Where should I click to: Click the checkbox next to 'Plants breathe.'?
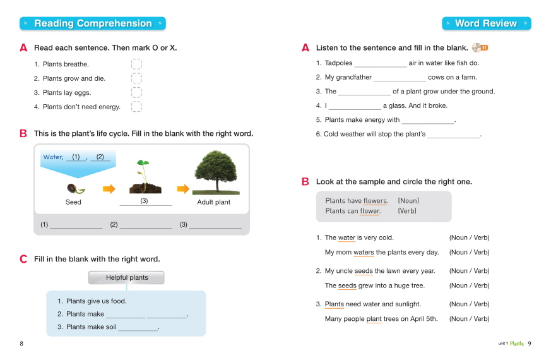point(136,64)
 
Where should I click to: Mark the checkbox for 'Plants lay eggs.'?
point(136,93)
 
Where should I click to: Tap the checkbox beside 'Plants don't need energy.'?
point(136,107)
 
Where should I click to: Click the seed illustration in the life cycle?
point(74,188)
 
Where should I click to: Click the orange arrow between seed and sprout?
point(109,188)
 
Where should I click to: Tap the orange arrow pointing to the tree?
point(183,188)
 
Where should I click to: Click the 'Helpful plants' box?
point(126,278)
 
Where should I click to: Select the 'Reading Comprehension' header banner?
point(93,23)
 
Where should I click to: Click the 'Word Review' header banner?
point(486,23)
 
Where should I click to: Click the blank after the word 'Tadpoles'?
point(380,64)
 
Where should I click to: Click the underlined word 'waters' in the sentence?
point(364,253)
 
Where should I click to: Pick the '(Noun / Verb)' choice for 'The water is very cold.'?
point(469,238)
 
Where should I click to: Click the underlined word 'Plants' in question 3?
point(335,304)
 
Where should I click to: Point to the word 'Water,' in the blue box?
point(53,157)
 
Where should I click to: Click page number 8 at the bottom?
point(21,344)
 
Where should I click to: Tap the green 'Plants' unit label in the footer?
point(516,344)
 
